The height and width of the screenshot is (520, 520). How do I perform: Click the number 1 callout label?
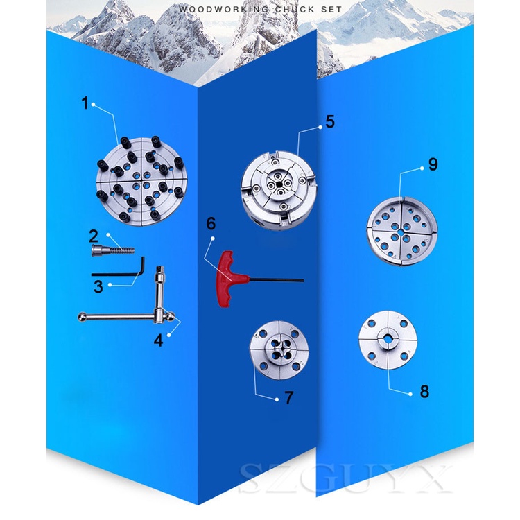pos(85,103)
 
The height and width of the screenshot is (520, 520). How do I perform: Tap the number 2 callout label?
pos(94,236)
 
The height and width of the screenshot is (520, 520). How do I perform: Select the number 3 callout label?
pos(98,286)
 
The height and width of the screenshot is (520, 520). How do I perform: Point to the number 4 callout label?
pos(159,340)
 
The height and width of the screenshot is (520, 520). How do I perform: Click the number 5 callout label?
pos(330,122)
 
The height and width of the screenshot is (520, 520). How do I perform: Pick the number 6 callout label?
pos(211,223)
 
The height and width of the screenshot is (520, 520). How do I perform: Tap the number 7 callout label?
pos(289,398)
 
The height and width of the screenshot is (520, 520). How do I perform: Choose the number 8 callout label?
pos(424,391)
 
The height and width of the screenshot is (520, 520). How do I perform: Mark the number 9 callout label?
pos(433,164)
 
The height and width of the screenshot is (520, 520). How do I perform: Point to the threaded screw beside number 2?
pos(113,250)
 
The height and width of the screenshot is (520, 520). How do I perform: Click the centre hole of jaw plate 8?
pos(387,338)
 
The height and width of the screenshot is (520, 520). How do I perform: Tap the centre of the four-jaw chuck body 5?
pos(279,184)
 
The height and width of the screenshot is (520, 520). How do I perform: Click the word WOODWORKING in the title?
pos(223,9)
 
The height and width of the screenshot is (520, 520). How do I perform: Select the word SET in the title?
pos(331,9)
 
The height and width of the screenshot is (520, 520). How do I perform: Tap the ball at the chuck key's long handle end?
pos(82,317)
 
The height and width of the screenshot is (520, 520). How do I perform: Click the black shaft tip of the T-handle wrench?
pos(302,280)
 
